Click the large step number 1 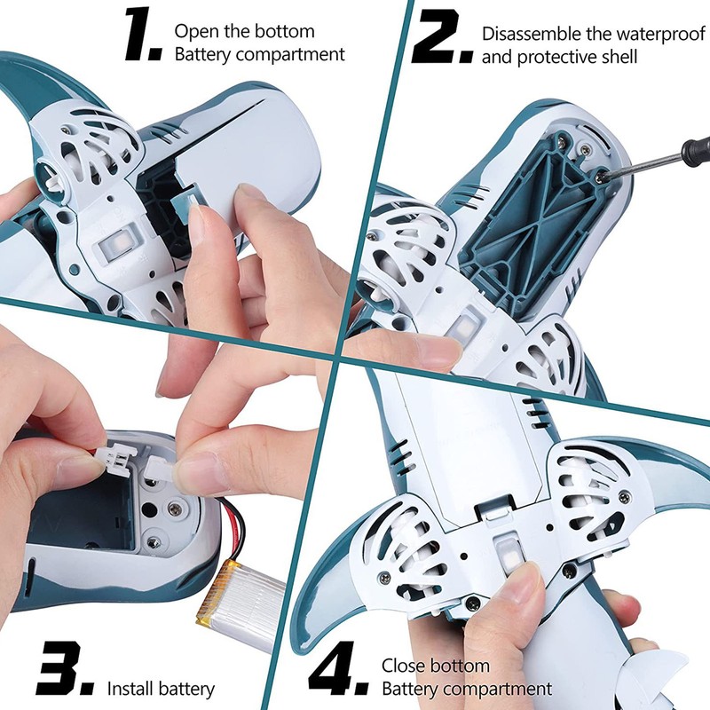pyautogui.click(x=143, y=35)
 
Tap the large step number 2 pyautogui.click(x=442, y=37)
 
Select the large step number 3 pyautogui.click(x=65, y=669)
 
